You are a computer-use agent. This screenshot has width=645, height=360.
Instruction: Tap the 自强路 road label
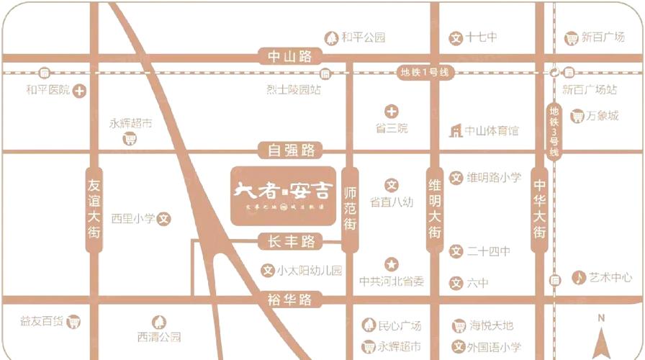pos(291,150)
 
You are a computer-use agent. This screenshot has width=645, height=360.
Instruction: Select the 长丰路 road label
pos(291,242)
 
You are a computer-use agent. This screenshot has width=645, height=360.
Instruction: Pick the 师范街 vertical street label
pos(351,209)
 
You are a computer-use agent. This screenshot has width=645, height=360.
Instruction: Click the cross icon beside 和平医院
pos(79,91)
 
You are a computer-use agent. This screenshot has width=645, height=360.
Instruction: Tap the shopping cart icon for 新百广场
pos(572,38)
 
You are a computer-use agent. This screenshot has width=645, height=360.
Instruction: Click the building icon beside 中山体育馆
pos(455,131)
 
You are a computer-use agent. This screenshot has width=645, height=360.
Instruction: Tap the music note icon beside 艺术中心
pos(578,277)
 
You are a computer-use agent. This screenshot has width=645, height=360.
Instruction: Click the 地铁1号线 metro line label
pos(424,72)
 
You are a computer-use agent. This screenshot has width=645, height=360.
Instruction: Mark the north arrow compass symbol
pos(601,335)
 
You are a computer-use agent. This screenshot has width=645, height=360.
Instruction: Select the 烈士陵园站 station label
pos(293,90)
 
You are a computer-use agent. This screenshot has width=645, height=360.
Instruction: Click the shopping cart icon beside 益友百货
pos(73,322)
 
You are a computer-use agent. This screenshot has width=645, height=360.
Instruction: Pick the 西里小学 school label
pos(134,217)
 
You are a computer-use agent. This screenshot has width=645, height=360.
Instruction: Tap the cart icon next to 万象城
pos(577,115)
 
